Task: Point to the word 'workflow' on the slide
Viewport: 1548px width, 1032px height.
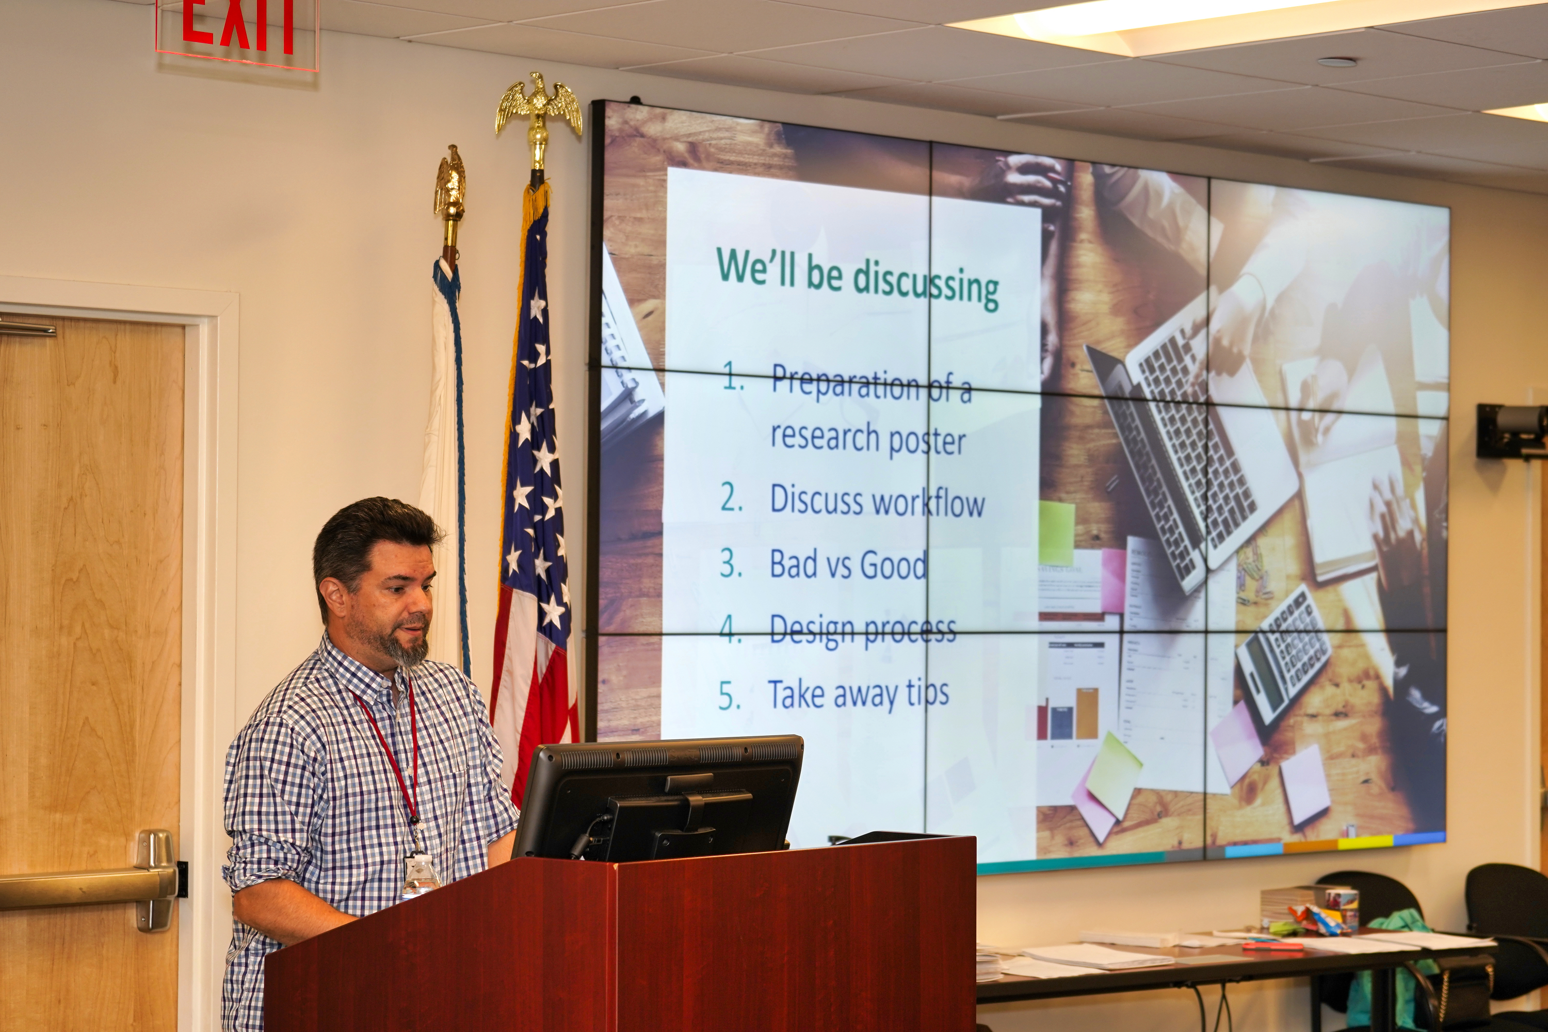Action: [x=931, y=504]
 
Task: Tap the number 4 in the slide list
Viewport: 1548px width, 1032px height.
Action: [x=730, y=628]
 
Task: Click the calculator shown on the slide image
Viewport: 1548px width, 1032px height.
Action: [x=1283, y=658]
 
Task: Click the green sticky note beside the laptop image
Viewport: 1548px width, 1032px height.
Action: [x=1057, y=533]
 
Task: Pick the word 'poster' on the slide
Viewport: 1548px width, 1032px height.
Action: [x=927, y=442]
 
